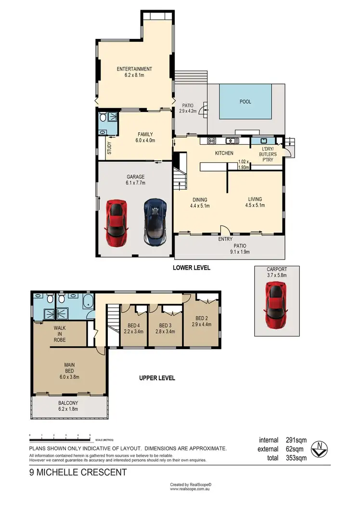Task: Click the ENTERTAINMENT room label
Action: pyautogui.click(x=134, y=69)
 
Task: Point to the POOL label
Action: pyautogui.click(x=245, y=102)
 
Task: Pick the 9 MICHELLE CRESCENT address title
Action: pyautogui.click(x=77, y=473)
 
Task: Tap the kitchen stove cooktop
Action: pyautogui.click(x=211, y=141)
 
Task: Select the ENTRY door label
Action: pyautogui.click(x=225, y=239)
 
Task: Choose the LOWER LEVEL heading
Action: pyautogui.click(x=192, y=268)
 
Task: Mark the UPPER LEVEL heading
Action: pyautogui.click(x=157, y=378)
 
